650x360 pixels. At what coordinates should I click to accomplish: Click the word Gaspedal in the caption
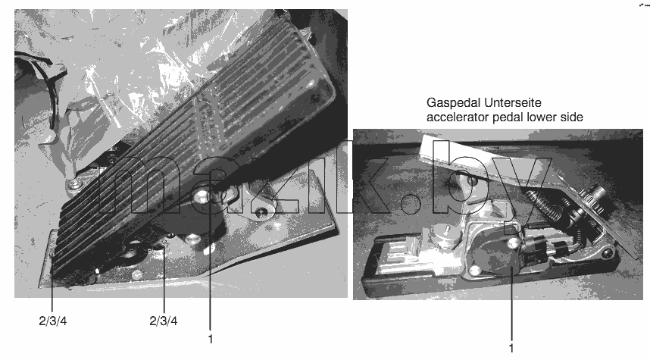point(453,103)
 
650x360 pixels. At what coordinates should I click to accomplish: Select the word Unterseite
point(512,102)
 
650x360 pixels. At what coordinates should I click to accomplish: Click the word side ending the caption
point(572,117)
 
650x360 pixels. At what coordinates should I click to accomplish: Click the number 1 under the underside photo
point(511,348)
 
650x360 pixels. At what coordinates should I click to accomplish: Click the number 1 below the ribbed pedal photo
point(210,339)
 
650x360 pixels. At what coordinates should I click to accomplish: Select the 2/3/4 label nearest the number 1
point(164,321)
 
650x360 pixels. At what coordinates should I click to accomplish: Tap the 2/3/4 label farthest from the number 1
point(52,321)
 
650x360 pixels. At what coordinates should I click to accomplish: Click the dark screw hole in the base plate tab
point(261,213)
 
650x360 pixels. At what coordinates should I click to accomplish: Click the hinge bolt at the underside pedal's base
point(607,252)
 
